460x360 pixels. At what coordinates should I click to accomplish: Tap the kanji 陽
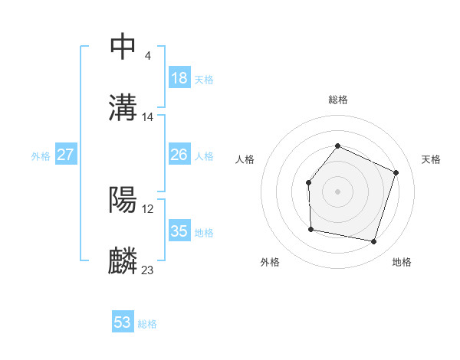[123, 200]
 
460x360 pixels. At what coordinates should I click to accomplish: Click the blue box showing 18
[179, 78]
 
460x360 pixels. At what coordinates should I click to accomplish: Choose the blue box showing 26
[179, 155]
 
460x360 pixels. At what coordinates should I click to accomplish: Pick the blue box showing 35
[179, 231]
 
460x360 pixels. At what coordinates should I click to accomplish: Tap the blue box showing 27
[66, 155]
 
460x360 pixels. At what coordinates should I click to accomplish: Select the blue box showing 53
[123, 322]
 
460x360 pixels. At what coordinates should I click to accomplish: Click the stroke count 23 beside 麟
[147, 270]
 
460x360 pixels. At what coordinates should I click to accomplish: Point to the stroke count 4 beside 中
[147, 55]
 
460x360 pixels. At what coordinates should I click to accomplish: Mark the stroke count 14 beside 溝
[148, 117]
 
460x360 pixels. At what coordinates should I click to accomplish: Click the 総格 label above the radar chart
[337, 100]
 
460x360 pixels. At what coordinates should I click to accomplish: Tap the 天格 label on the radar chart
[431, 159]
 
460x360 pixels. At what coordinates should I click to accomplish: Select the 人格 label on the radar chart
[245, 159]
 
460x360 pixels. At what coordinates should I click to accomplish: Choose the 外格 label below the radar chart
[270, 262]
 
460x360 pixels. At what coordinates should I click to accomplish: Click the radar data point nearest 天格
[396, 172]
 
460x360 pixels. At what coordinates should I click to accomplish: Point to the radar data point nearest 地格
[373, 241]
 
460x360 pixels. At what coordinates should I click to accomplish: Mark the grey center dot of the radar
[337, 191]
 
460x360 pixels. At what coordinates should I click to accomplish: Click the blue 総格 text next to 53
[147, 324]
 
